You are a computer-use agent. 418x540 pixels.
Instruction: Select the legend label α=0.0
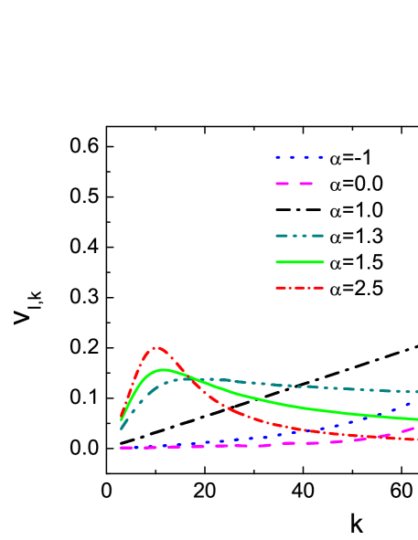356,184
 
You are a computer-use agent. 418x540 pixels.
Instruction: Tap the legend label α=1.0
356,210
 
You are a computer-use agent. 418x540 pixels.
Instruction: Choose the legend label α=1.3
356,237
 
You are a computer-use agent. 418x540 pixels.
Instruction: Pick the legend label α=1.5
356,262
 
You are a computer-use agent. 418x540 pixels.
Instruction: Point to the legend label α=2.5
356,289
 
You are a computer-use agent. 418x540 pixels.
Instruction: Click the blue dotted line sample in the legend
299,157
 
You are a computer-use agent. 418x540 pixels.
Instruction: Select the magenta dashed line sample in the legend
299,184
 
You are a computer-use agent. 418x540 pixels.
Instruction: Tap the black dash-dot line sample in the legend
299,210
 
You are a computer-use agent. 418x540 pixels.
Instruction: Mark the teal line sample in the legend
299,237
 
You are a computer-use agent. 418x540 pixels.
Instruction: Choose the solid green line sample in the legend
299,262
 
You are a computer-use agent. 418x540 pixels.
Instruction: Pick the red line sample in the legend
299,289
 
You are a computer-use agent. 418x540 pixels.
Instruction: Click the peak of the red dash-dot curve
156,347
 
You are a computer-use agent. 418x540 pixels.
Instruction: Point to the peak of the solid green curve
163,370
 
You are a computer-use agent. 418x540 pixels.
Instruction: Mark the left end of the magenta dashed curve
121,448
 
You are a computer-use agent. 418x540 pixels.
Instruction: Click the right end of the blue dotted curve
416,399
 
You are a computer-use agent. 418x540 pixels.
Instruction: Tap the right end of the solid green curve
416,419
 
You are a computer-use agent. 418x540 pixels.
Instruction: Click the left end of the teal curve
121,428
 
